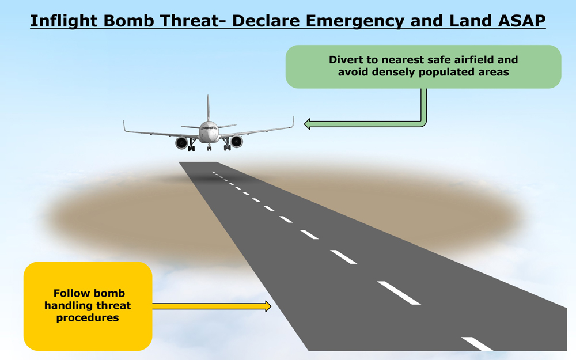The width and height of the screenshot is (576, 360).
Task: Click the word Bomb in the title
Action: (128, 21)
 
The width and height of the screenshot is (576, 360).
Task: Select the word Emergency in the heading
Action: (355, 21)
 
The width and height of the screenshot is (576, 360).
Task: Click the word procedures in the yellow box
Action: (88, 318)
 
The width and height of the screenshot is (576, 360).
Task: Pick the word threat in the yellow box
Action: (114, 305)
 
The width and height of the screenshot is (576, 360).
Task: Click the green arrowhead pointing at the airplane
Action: (308, 124)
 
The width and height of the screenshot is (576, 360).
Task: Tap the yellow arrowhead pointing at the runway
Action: (268, 306)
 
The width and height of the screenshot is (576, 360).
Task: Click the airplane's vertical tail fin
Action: (208, 108)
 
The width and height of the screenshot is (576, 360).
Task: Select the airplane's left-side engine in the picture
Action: (181, 143)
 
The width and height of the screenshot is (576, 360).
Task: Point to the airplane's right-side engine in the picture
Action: (237, 142)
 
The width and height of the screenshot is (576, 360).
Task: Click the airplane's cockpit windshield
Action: (209, 128)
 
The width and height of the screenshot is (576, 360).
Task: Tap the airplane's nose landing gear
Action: (209, 147)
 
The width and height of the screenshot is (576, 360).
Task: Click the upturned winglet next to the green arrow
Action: (293, 122)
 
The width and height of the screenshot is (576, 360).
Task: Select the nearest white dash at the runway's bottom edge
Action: (477, 344)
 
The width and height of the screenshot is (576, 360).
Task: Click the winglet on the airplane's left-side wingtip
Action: (124, 126)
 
